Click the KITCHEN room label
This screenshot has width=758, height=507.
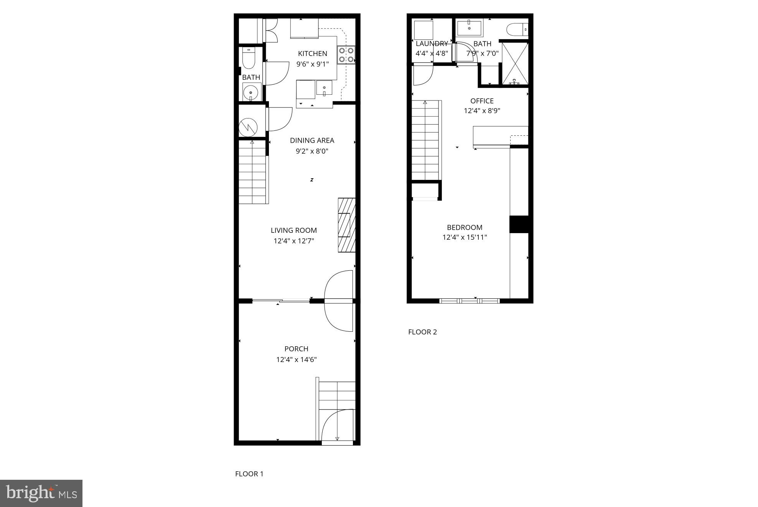point(313,54)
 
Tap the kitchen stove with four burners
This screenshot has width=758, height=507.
point(346,55)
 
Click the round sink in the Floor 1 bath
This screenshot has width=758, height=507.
point(251,92)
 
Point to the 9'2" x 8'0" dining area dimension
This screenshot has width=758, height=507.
point(312,151)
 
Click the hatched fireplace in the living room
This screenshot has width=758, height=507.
point(346,225)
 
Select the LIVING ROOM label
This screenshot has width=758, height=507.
point(294,230)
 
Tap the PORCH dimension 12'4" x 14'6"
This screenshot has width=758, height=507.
point(296,360)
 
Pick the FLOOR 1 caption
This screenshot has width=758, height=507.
point(249,474)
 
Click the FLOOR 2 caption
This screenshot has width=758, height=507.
point(422,332)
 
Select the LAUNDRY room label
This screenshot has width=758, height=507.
point(432,44)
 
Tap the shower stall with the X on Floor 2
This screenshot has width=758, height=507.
point(515,63)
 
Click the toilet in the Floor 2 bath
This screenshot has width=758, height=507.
point(517,30)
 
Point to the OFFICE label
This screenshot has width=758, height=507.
point(482,101)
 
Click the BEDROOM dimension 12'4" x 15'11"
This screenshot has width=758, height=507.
point(465,237)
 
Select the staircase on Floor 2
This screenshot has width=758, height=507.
point(425,140)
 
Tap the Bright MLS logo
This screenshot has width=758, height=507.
point(41,493)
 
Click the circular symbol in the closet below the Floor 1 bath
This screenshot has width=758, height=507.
point(248,127)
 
